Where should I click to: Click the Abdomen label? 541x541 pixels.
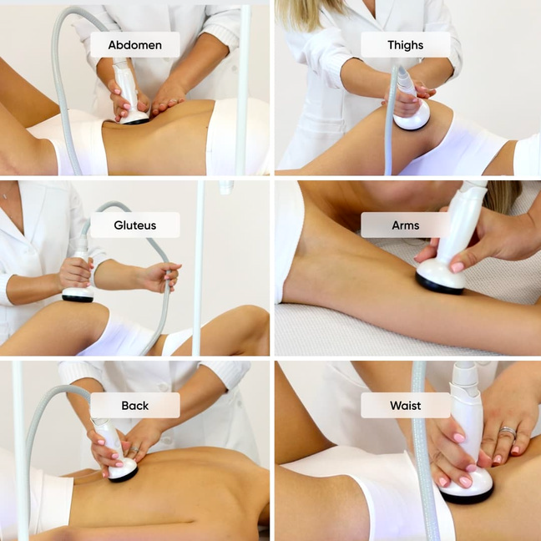coord(135,45)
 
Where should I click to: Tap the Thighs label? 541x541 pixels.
coord(406,45)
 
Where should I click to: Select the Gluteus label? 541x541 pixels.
coord(135,225)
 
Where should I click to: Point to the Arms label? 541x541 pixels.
coord(406,225)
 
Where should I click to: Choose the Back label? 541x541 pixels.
coord(135,405)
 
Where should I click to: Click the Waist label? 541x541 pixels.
coord(406,405)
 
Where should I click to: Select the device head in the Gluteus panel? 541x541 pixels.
coord(78,295)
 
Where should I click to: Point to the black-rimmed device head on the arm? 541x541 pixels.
coord(440,277)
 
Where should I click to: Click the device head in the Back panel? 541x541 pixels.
coord(124,470)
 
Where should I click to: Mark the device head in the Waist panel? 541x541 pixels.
coord(467,488)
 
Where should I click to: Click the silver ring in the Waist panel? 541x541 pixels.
coord(508,432)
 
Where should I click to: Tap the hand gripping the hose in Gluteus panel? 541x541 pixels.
coord(163,276)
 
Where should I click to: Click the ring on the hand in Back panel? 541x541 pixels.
coord(134,450)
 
